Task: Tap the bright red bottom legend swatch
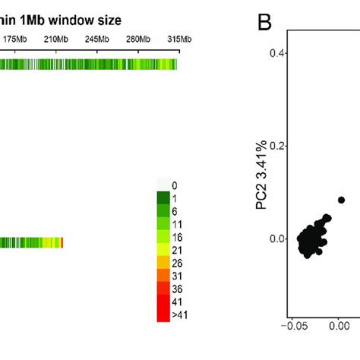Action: pos(163,316)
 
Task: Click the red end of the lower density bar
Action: pos(62,242)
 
